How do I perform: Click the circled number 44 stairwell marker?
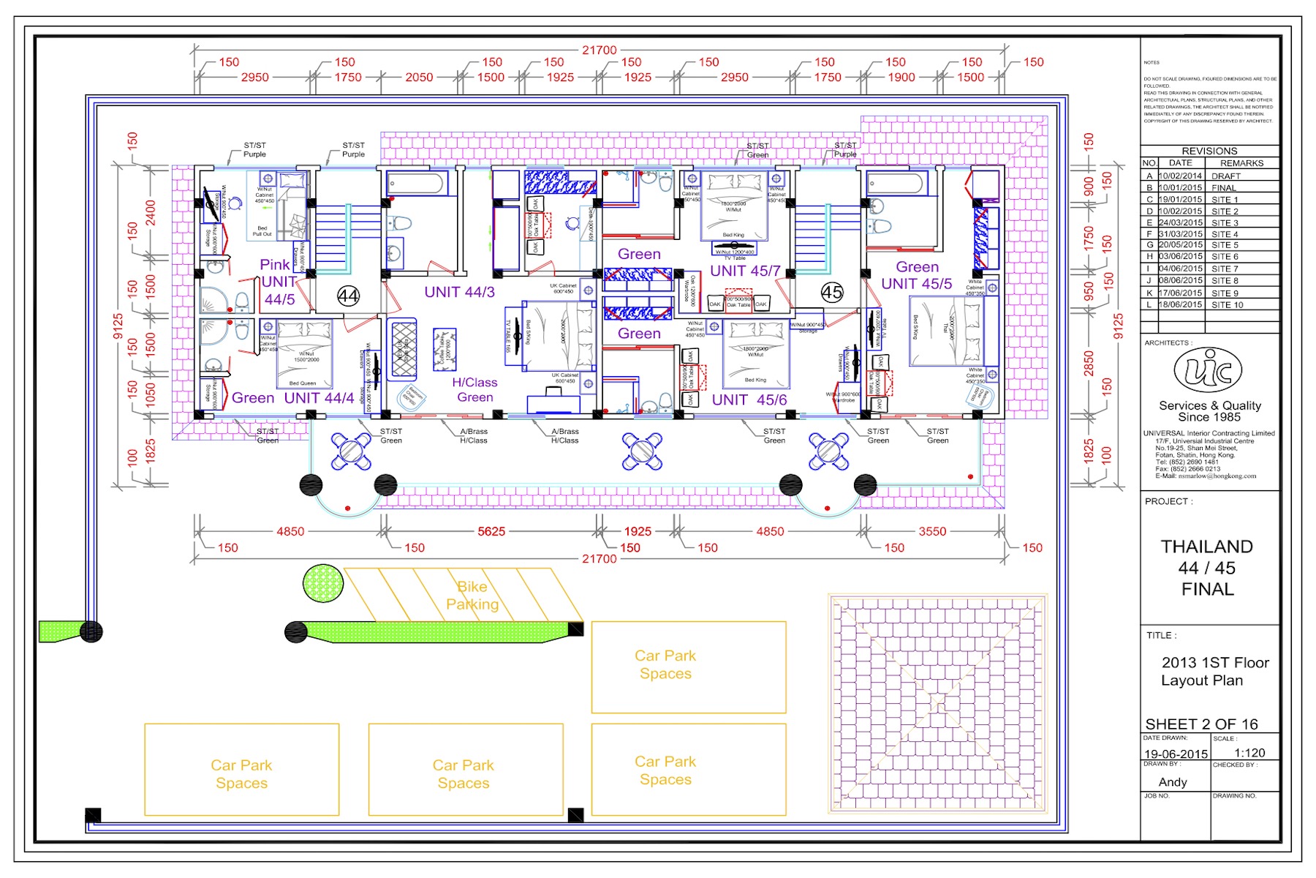tap(348, 296)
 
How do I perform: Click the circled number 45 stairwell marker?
tap(832, 293)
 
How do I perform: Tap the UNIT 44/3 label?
tap(459, 292)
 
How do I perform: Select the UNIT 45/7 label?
tap(745, 271)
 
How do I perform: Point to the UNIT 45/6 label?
tap(749, 399)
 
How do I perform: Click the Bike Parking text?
tap(472, 596)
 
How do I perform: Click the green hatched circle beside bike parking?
tap(323, 584)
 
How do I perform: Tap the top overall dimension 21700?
tap(599, 50)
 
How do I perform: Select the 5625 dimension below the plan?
tap(491, 531)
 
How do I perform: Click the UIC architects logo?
tap(1208, 370)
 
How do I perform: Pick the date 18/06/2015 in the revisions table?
tap(1180, 304)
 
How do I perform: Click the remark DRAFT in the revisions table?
tap(1226, 176)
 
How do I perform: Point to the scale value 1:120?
tap(1249, 753)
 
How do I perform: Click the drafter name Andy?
tap(1173, 782)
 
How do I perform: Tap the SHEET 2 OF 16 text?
tap(1201, 724)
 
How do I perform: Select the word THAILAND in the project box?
tap(1206, 547)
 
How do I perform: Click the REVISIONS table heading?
tap(1209, 151)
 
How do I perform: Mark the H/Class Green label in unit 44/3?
tap(474, 390)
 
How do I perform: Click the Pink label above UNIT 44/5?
tap(275, 265)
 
